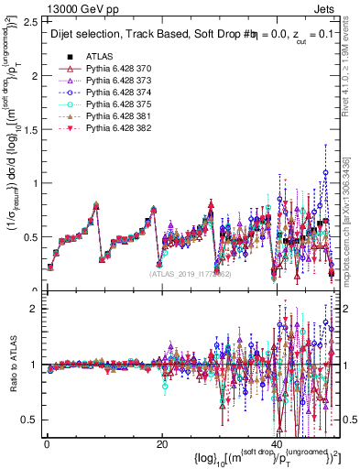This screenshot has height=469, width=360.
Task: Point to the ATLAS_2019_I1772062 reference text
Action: click(191, 273)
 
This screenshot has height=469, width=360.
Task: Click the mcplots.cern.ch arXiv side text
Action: click(353, 219)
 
